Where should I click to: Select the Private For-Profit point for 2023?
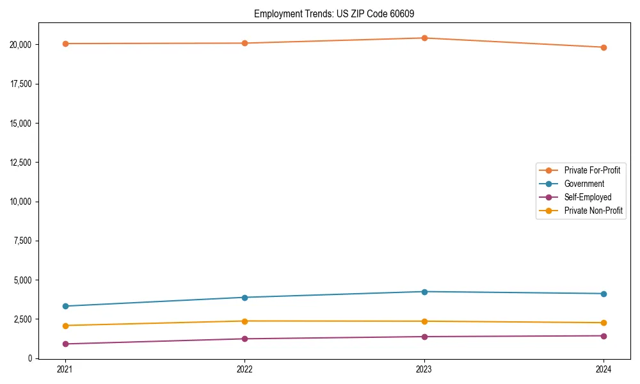[424, 38]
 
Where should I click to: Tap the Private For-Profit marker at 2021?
[65, 44]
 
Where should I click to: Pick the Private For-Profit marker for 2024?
[604, 47]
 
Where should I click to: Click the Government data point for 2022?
[244, 297]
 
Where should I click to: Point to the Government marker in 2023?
[424, 292]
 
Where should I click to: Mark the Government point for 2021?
[65, 306]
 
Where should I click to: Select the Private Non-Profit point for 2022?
[244, 321]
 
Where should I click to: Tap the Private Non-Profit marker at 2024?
[604, 323]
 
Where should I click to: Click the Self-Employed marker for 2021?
[65, 344]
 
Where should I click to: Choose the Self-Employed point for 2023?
[424, 337]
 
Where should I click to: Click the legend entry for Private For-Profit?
[591, 170]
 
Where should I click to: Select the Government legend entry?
[584, 184]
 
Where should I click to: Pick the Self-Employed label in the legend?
[588, 197]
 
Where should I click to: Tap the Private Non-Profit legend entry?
[593, 211]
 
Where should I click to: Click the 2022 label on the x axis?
[244, 369]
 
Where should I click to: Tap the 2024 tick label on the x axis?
[604, 369]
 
